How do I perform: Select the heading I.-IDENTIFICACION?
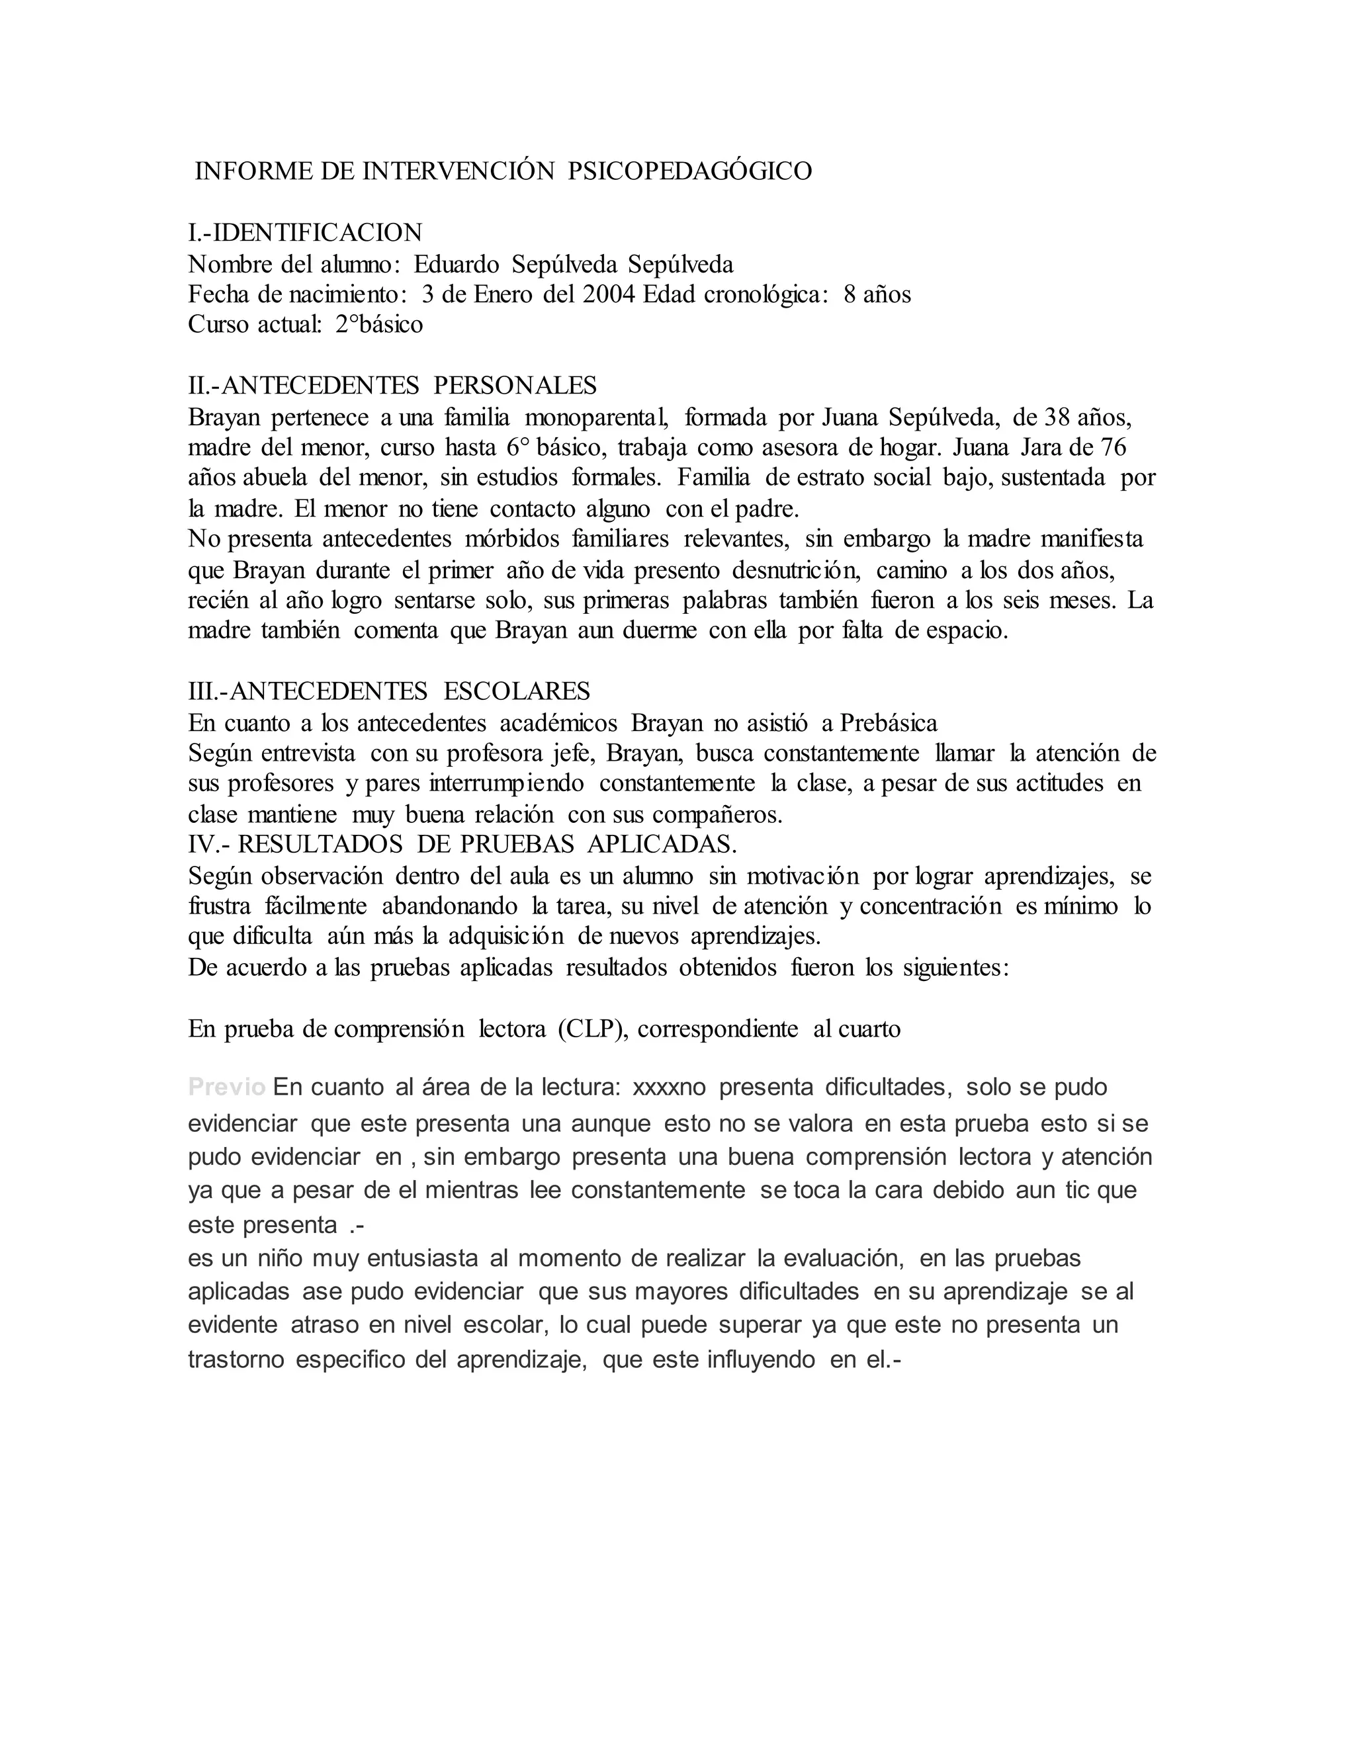[305, 233]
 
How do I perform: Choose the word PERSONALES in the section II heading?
[515, 386]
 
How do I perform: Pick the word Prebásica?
[889, 723]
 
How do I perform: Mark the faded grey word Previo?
[226, 1088]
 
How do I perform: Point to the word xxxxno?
[670, 1088]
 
